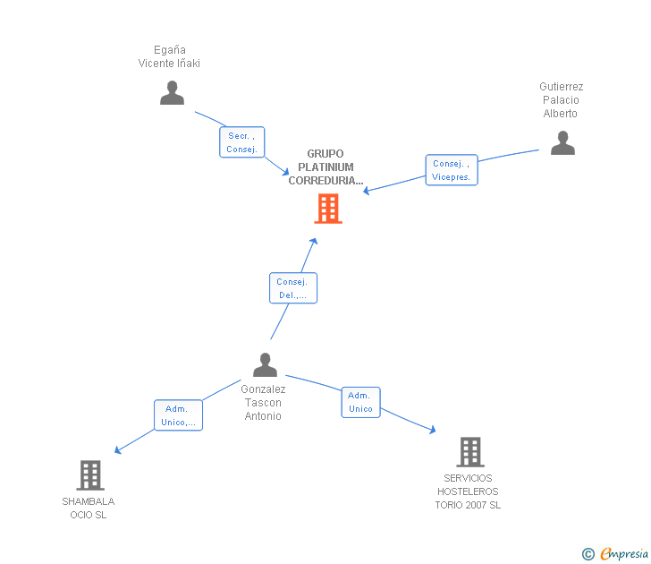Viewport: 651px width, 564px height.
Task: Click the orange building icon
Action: (x=328, y=209)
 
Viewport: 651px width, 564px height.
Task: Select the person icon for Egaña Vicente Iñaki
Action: (x=172, y=93)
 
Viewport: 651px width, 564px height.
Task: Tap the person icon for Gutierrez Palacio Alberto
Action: (x=562, y=143)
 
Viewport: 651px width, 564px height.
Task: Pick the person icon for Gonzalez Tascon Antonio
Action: (x=265, y=365)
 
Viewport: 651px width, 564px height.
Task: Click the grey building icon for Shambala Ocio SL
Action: (x=89, y=475)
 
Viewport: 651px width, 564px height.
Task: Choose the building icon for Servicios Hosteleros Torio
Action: (x=469, y=452)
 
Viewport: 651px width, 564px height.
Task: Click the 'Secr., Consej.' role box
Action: (x=241, y=142)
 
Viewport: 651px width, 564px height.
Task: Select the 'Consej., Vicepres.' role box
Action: (x=452, y=170)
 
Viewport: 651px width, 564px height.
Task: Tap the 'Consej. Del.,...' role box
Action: (x=292, y=288)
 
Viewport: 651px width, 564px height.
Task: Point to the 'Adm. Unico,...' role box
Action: (x=178, y=415)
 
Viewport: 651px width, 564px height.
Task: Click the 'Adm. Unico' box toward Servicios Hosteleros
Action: (x=360, y=402)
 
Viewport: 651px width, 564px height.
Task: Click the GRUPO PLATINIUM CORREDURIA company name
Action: (x=325, y=167)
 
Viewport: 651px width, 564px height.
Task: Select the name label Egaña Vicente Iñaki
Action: (x=169, y=56)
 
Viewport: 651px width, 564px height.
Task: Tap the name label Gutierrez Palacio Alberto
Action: (x=561, y=100)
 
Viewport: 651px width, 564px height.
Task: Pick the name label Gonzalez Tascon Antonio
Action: (x=263, y=403)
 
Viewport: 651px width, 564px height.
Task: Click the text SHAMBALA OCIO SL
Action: (x=88, y=508)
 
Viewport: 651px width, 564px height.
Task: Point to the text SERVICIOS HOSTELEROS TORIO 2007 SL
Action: (x=468, y=491)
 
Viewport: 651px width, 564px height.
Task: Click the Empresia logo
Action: (x=622, y=554)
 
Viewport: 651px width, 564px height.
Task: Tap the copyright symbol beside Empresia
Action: (x=588, y=554)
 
